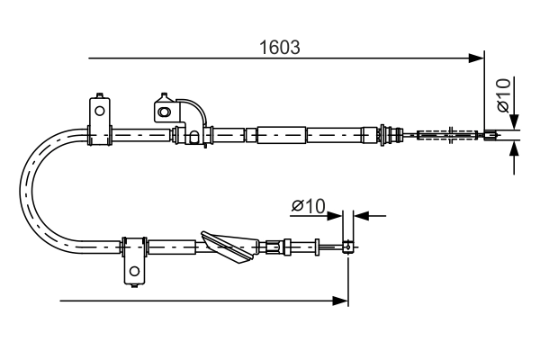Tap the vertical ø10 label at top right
click(504, 95)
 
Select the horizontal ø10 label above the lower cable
click(308, 206)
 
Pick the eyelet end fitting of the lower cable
click(347, 246)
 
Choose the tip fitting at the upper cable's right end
click(490, 137)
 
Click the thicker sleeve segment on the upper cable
click(283, 135)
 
